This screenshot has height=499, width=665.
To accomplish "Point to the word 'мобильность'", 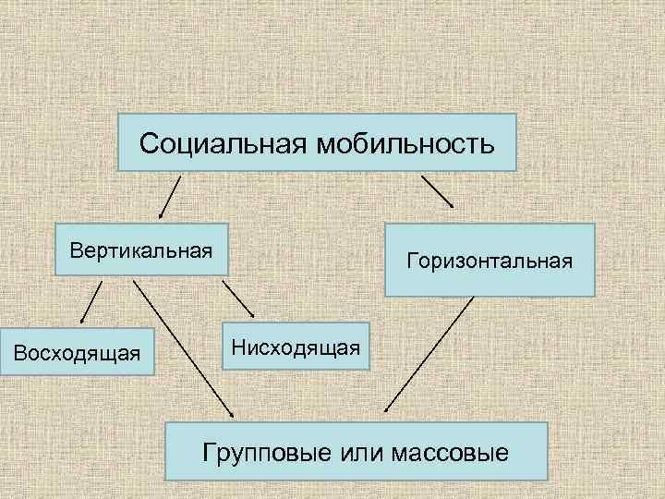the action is click(406, 144).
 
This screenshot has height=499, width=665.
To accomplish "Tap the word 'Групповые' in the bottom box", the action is click(256, 455).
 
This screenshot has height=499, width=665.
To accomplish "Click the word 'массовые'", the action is click(450, 455).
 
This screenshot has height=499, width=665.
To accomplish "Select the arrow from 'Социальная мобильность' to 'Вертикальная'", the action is click(168, 196).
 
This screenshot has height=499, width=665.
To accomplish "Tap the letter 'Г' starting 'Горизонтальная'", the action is click(411, 262).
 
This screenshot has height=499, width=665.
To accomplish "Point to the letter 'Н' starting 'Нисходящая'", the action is click(238, 347).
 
